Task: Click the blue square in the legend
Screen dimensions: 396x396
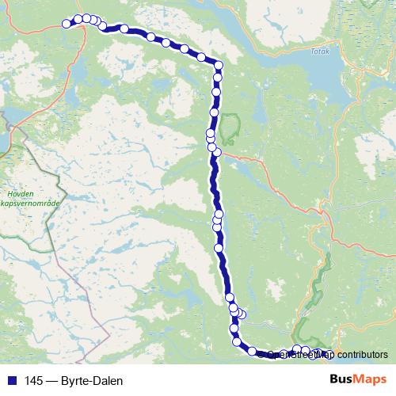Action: click(x=12, y=381)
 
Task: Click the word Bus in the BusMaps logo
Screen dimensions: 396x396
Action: click(x=342, y=380)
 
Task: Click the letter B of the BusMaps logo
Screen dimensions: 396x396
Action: click(x=334, y=380)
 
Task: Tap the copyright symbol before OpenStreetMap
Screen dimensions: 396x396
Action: click(x=262, y=355)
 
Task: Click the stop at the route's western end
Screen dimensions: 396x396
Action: click(x=67, y=24)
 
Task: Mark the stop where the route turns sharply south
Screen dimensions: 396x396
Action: click(x=219, y=65)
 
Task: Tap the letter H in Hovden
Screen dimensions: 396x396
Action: click(x=9, y=192)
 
